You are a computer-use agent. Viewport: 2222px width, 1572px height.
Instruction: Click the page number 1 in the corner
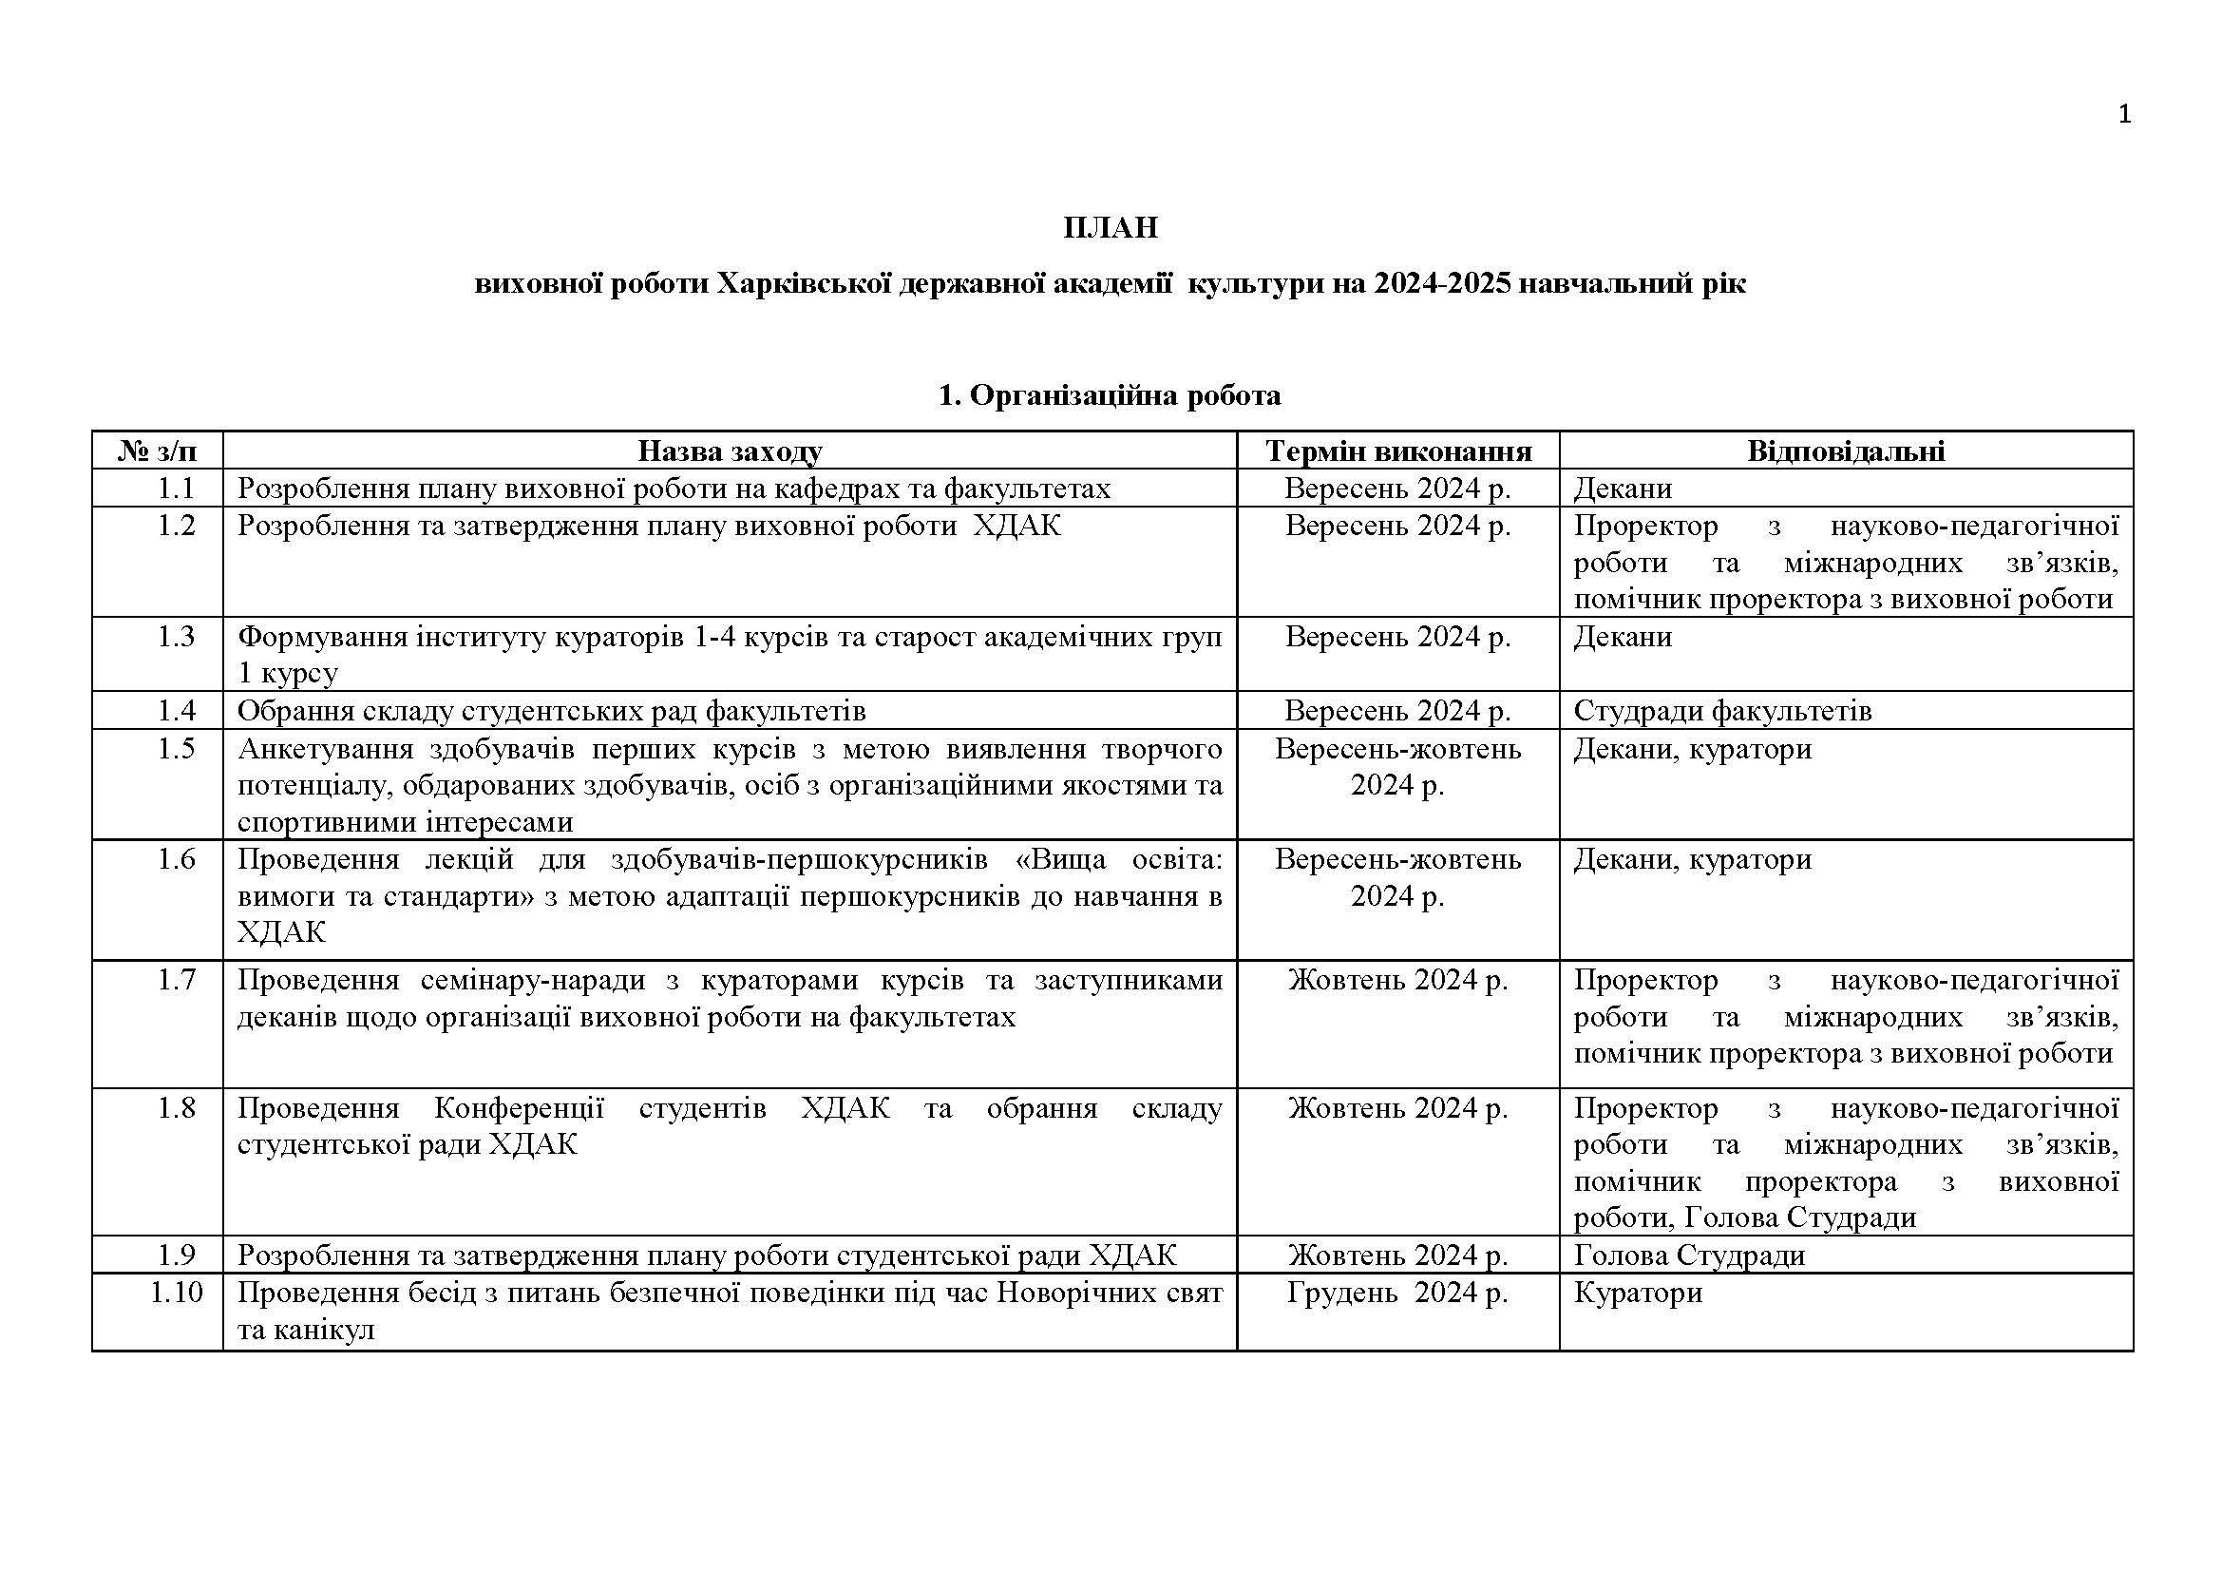click(x=2124, y=115)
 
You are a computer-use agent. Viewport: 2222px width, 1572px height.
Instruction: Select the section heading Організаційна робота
click(x=1125, y=395)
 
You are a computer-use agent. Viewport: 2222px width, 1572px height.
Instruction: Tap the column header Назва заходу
click(x=730, y=451)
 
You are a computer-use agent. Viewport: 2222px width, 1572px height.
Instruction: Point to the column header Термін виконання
click(x=1398, y=451)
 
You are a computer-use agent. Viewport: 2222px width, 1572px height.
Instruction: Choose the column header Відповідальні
click(x=1846, y=451)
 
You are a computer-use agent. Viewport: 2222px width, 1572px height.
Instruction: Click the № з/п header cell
click(x=158, y=451)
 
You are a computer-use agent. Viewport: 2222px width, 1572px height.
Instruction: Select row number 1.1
click(x=176, y=489)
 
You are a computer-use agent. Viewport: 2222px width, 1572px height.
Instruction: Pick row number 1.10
click(x=176, y=1294)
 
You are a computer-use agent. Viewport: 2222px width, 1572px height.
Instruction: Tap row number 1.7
click(x=176, y=981)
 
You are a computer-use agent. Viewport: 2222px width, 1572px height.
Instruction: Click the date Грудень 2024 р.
click(x=1397, y=1294)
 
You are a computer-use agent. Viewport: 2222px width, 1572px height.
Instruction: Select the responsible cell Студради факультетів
click(x=1722, y=712)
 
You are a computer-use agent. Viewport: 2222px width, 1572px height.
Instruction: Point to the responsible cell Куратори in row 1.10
click(x=1638, y=1294)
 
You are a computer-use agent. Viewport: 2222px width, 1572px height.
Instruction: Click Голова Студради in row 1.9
click(x=1689, y=1256)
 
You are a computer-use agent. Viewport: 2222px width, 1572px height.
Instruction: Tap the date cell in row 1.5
click(x=1397, y=767)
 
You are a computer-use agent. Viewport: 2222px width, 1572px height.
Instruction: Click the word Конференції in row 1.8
click(x=519, y=1108)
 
